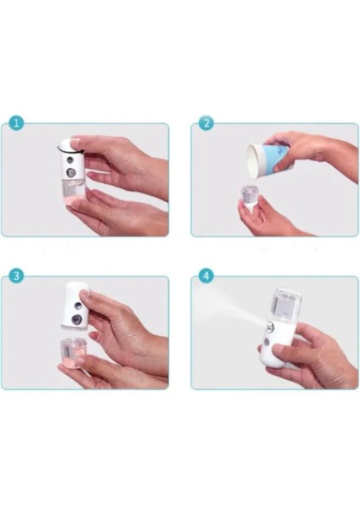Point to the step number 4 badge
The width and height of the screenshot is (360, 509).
pyautogui.click(x=204, y=276)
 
